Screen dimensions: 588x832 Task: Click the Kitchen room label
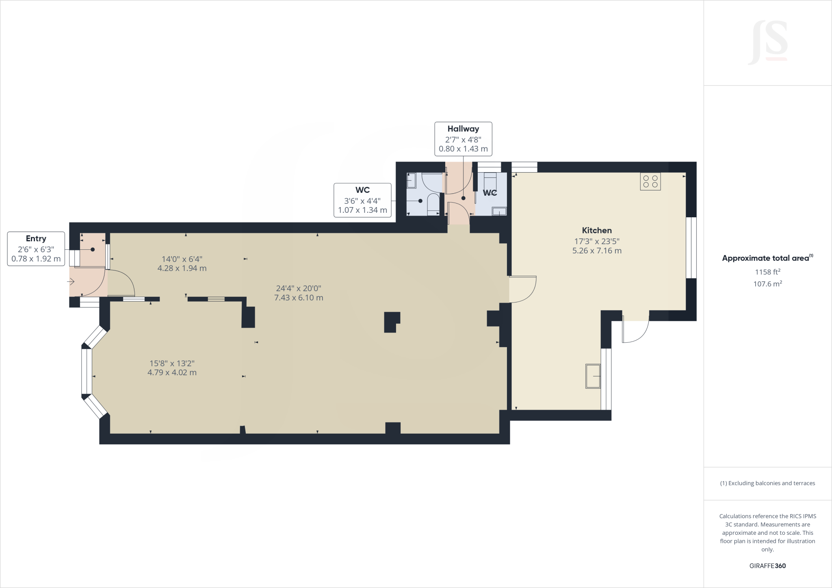596,230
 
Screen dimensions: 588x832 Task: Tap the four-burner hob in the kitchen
650,182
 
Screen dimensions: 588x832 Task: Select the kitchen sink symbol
593,376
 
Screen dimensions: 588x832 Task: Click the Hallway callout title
463,129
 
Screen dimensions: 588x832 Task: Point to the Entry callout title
36,238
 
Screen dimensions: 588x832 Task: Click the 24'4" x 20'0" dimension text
299,288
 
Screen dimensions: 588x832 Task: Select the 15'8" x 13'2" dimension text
172,363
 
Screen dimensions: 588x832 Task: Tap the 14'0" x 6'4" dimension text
182,259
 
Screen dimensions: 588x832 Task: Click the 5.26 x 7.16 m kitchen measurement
597,251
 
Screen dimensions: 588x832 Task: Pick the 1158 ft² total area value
767,272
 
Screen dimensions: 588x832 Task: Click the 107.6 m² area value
767,284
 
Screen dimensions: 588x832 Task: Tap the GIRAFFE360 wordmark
767,566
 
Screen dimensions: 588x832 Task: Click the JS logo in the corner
768,43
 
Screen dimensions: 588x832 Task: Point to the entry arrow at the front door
71,281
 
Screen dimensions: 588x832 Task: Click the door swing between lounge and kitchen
523,289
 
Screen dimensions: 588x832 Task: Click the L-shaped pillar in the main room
392,322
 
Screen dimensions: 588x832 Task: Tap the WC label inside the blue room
490,193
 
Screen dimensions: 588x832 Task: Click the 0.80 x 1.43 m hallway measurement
463,149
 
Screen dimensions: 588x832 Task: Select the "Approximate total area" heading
765,258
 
